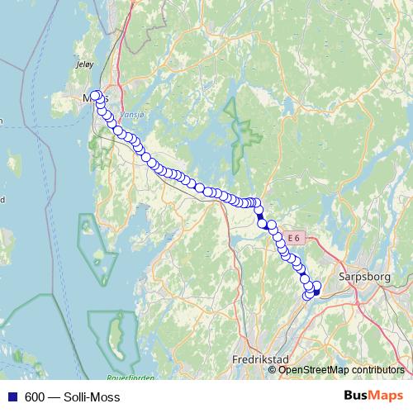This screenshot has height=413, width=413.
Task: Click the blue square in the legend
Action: click(12, 397)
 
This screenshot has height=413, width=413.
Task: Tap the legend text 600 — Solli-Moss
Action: click(72, 397)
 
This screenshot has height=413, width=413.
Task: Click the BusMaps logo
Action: click(373, 396)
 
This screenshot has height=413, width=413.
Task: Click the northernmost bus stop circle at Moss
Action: click(96, 95)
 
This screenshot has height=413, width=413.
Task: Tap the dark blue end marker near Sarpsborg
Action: click(316, 292)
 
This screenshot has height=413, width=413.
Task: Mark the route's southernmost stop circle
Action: click(309, 296)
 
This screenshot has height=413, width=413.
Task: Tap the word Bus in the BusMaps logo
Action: click(358, 396)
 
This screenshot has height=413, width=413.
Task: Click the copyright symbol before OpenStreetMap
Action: click(273, 370)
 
